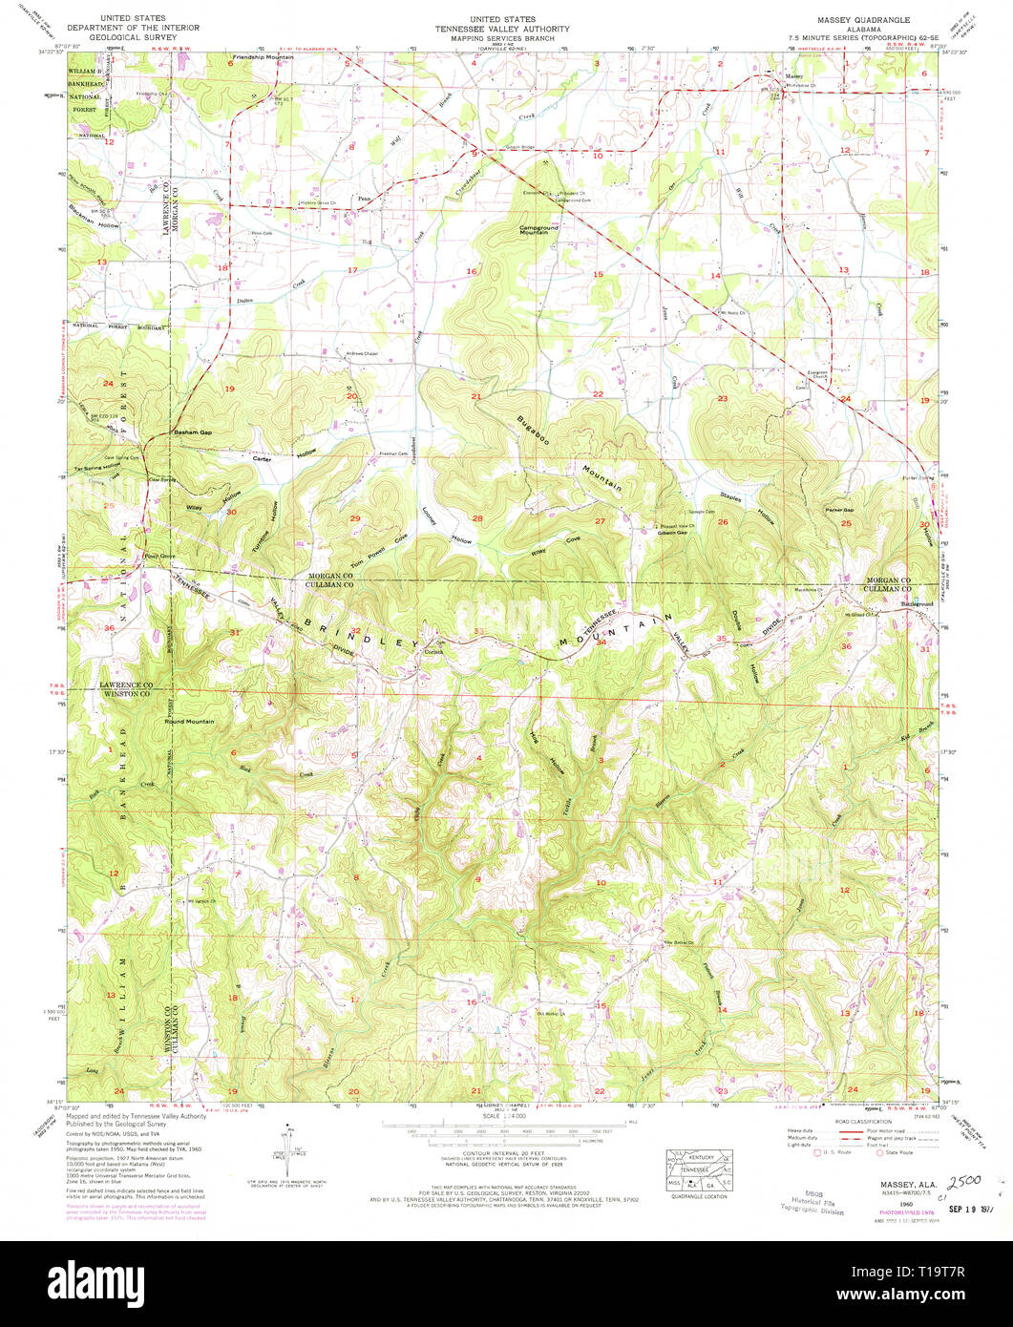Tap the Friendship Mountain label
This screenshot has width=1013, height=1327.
[x=263, y=57]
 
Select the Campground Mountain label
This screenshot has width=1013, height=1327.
[x=538, y=230]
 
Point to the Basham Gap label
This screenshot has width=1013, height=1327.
[x=191, y=433]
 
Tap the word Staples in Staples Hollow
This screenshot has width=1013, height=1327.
[x=730, y=498]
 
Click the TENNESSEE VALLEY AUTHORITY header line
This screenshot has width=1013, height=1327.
[x=506, y=29]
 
